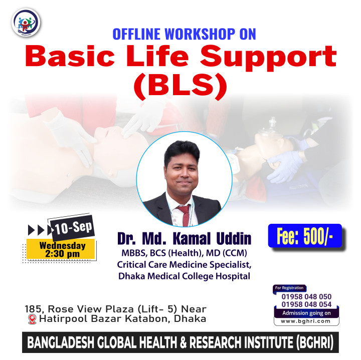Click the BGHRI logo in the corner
pos(26,23)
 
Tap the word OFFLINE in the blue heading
pos(136,34)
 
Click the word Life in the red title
pos(157,56)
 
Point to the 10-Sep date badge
pos(73,227)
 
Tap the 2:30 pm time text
pos(62,254)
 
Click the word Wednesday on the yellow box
pos(62,245)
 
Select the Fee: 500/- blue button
pos(305,236)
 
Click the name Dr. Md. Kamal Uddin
pos(184,239)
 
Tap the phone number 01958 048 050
pos(306,296)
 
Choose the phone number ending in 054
pos(306,304)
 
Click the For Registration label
pos(289,288)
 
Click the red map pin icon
pos(32,319)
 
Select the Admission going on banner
pos(306,313)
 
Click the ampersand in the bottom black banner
pos(183,342)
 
